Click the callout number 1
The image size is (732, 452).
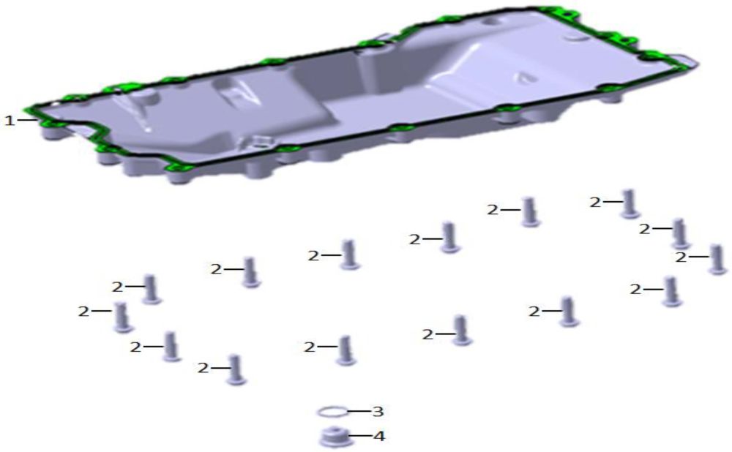[9, 121]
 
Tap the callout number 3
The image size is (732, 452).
[378, 412]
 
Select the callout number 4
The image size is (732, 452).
[379, 436]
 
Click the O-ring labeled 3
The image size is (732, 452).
[332, 412]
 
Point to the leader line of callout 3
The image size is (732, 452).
[359, 412]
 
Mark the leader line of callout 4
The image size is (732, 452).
[360, 436]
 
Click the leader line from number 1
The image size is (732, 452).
[26, 120]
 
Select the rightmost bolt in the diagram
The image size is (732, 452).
[718, 259]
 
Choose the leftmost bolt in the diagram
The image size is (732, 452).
[123, 317]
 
